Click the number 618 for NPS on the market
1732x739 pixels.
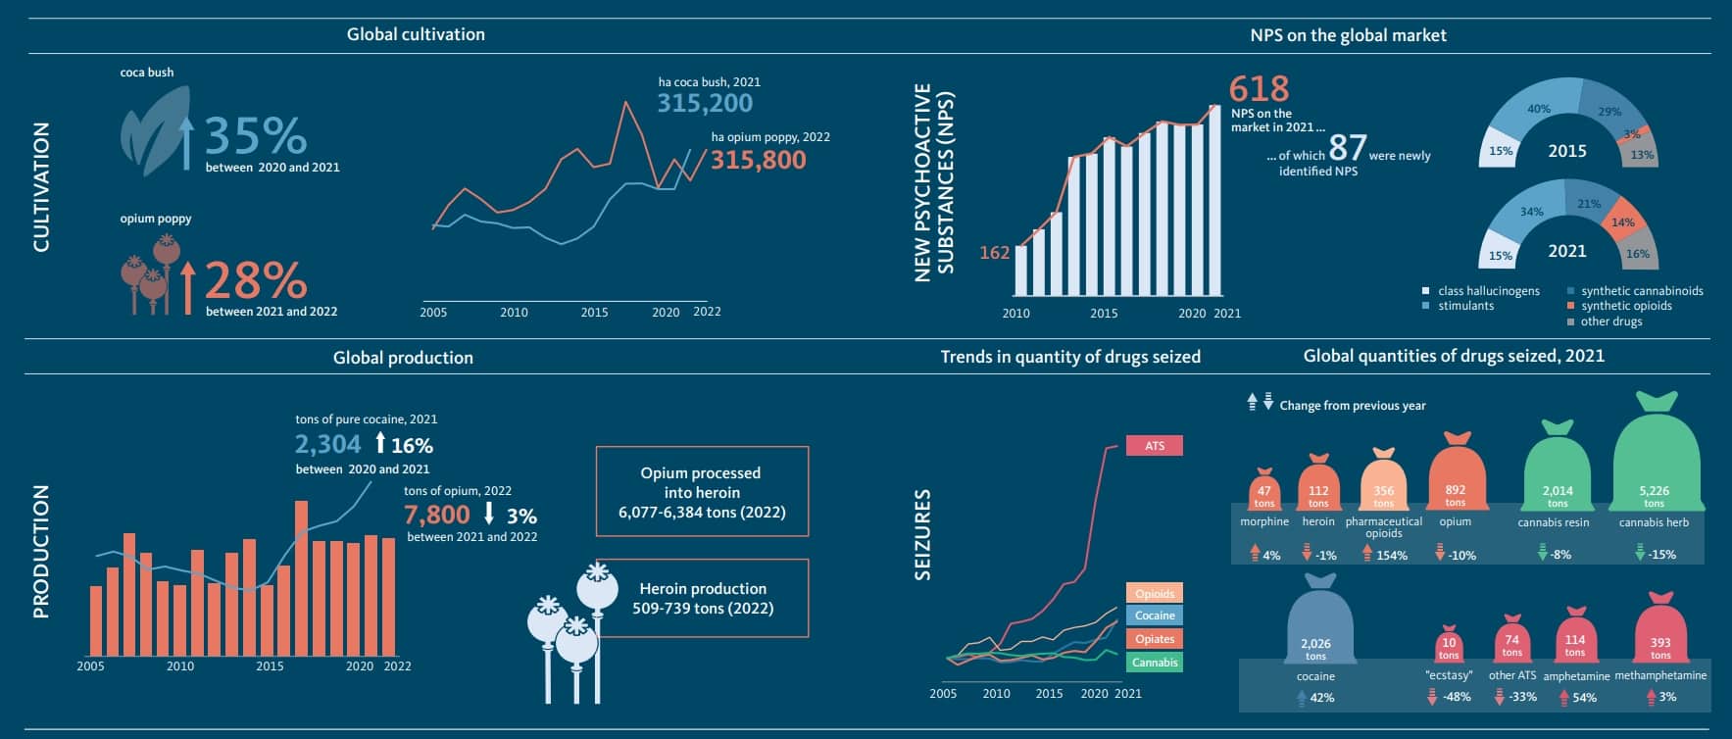coord(1259,89)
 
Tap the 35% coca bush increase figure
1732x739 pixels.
coord(255,136)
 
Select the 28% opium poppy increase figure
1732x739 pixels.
coord(255,280)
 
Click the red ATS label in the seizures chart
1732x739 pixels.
coord(1155,446)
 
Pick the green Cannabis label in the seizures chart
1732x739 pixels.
coord(1155,663)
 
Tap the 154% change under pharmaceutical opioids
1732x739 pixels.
coord(1390,556)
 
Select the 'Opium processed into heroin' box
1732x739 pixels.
coord(702,492)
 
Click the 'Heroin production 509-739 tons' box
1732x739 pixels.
coord(702,598)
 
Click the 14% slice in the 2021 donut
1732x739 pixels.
coord(1622,222)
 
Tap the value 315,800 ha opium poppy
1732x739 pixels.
coord(758,160)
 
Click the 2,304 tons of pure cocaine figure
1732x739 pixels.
coord(328,445)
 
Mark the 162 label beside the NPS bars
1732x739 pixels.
coord(994,253)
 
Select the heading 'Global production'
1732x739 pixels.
coord(403,358)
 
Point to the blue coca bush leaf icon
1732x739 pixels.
coord(155,130)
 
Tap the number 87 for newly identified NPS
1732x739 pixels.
coord(1347,148)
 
